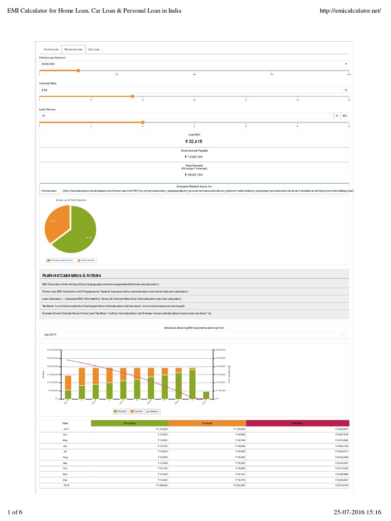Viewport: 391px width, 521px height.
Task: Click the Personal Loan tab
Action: (73, 49)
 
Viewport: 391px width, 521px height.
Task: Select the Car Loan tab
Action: (94, 49)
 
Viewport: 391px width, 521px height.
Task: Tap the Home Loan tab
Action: (51, 49)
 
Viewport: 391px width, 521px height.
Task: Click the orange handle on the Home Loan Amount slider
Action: (78, 71)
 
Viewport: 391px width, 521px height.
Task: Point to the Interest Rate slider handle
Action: (132, 96)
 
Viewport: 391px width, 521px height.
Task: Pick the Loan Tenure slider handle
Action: (143, 122)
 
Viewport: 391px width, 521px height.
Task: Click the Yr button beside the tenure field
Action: (336, 116)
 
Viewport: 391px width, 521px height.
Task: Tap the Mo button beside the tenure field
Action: (345, 116)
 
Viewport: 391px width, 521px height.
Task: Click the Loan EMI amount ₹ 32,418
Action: (194, 141)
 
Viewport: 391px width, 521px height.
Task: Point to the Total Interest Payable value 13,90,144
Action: (194, 157)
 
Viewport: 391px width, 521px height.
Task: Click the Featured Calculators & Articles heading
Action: (75, 275)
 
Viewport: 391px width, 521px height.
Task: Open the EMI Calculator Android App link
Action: (101, 284)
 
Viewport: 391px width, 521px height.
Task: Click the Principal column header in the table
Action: (129, 423)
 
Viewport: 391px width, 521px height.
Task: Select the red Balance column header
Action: (297, 423)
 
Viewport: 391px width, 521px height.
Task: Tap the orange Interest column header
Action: (207, 423)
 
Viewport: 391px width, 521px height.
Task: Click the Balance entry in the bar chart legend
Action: (153, 411)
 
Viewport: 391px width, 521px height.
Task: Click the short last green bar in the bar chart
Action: (206, 395)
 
